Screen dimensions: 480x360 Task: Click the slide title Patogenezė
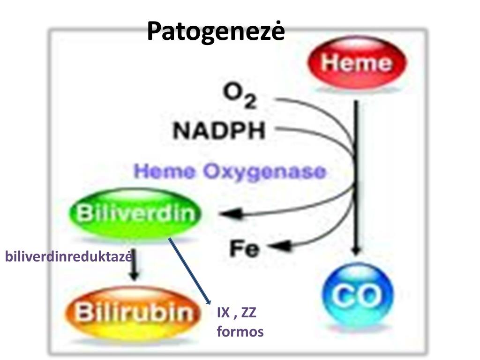[216, 31]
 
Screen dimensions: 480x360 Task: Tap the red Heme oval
[356, 63]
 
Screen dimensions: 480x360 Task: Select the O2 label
[240, 96]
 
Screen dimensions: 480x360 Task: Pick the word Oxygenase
[264, 172]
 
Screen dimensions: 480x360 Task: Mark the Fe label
[244, 248]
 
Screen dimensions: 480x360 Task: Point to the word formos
[240, 332]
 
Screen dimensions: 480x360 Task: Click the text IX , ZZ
[236, 313]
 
